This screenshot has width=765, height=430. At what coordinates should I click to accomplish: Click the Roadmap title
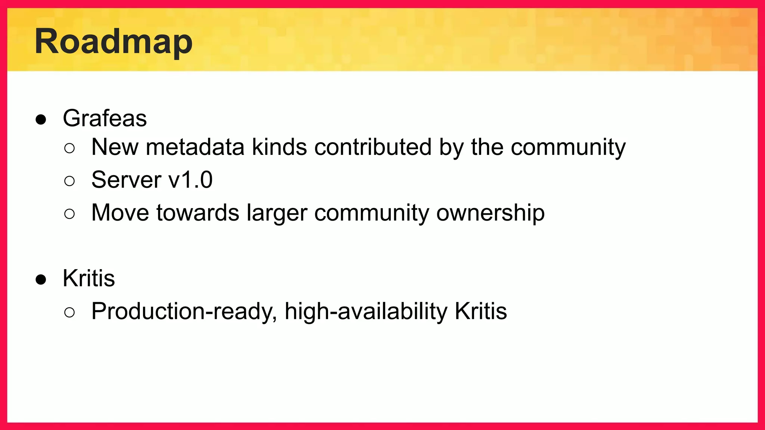tap(114, 42)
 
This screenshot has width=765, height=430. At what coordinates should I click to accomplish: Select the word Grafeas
tap(105, 118)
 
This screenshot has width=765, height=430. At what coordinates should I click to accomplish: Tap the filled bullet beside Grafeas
tap(41, 120)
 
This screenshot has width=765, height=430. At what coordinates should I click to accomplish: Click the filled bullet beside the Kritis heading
tap(41, 280)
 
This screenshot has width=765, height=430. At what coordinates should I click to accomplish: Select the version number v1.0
tap(191, 180)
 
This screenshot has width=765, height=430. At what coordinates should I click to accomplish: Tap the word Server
tap(126, 180)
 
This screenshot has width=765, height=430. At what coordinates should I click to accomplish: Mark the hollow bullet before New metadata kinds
tap(69, 149)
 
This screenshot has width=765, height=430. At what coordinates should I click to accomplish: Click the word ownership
tap(490, 214)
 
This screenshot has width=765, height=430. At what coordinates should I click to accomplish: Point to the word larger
tap(277, 214)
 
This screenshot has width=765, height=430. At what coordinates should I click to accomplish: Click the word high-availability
tap(366, 312)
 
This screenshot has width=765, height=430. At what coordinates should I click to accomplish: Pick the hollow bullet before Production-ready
tap(69, 312)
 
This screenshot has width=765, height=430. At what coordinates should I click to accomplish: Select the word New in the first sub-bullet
tap(115, 147)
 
